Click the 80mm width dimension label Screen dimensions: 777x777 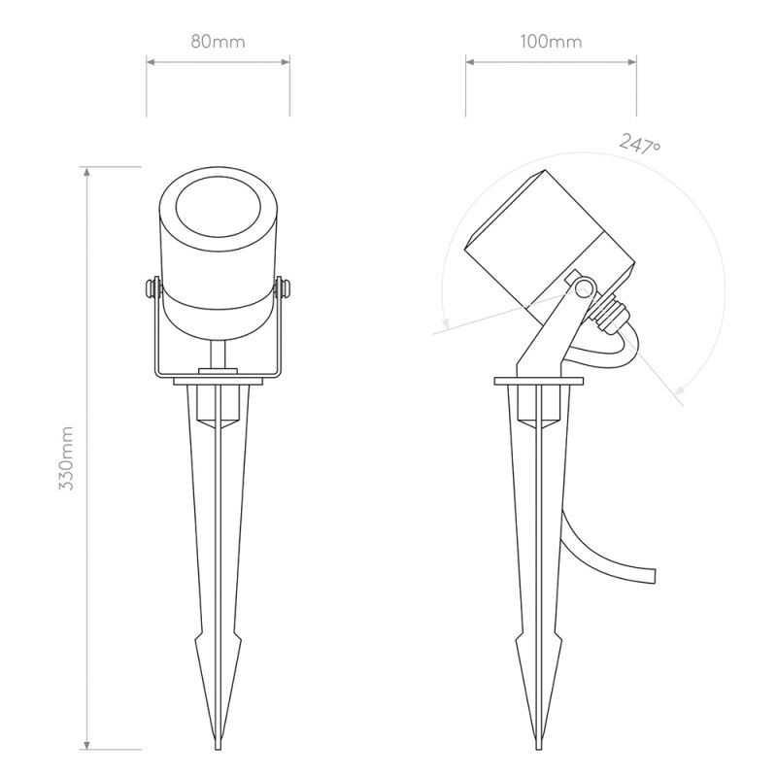tap(218, 42)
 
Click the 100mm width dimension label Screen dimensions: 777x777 tap(551, 42)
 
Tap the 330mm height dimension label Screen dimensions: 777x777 tap(66, 457)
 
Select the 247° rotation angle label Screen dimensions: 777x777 tap(640, 144)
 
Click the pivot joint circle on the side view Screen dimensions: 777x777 tap(584, 288)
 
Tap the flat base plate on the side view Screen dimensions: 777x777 tap(538, 383)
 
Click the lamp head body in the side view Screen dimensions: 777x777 tap(549, 238)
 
